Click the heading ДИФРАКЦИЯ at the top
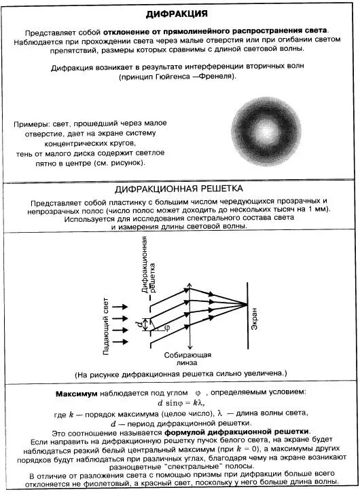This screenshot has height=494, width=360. tap(180, 14)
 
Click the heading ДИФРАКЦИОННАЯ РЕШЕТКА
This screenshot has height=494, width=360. tap(180, 188)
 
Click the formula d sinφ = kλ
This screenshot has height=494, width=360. tap(181, 404)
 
